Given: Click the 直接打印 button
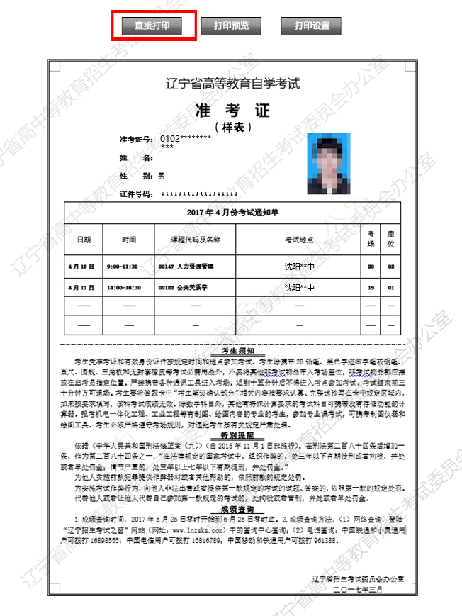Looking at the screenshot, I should click(x=152, y=26).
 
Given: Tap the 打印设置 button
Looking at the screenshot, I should click(x=312, y=26).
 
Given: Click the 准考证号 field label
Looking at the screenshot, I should click(x=137, y=138).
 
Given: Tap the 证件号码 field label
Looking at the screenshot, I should click(x=137, y=194).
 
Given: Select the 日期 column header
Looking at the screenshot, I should click(x=84, y=240).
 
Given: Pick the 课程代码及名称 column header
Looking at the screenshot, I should click(x=191, y=240).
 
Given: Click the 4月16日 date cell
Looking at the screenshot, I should click(x=81, y=267).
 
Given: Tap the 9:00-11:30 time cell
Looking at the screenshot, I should click(x=123, y=267).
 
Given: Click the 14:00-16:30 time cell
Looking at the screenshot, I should click(x=123, y=288).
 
